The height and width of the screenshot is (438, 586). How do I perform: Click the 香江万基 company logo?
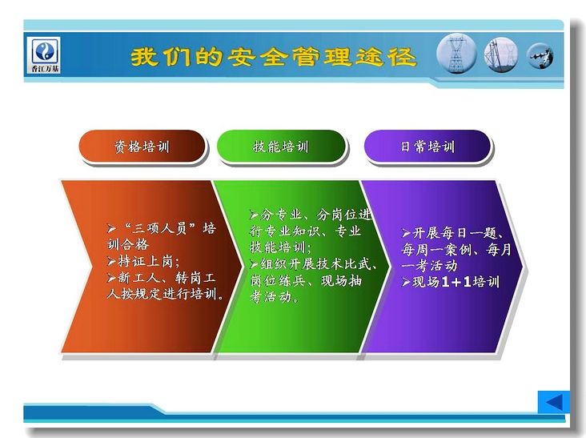pos(45,54)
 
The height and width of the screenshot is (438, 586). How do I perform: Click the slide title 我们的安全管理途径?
pos(273,57)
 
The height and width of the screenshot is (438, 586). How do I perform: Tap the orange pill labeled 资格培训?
pos(142,146)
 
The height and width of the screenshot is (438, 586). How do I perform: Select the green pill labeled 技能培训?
pos(281,146)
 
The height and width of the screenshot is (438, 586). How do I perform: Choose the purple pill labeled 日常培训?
pos(427,146)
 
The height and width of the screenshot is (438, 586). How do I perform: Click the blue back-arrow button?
pos(554,402)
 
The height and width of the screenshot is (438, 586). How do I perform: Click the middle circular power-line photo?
pos(501,55)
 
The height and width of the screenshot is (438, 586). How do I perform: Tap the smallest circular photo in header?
pos(540,56)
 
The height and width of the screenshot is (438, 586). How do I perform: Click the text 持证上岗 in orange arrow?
pos(145,261)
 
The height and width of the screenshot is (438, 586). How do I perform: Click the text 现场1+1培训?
pos(456,282)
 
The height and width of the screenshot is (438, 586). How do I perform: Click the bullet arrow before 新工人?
pos(112,278)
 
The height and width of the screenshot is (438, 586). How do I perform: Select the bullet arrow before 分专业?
pos(255,215)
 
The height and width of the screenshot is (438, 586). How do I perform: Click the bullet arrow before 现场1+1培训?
pos(406,282)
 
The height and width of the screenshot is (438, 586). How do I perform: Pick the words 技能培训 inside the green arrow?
pos(278,247)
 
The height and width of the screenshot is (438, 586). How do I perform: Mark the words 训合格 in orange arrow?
pos(128,244)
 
